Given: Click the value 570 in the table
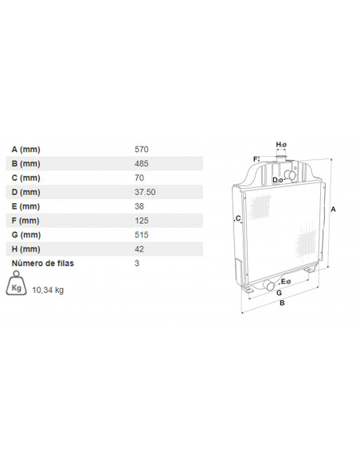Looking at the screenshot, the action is [x=142, y=149].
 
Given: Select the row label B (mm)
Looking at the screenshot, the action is [x=25, y=164].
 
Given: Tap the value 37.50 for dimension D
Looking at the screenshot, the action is [x=145, y=192].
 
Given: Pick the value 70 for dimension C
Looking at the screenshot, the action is [x=139, y=178].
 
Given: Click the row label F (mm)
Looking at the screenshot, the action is [x=25, y=221].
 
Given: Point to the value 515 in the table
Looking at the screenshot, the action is [x=142, y=235].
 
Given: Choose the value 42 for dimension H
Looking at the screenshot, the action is [x=139, y=249].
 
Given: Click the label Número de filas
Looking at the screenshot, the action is [x=43, y=263].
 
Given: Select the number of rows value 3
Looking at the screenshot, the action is [x=137, y=264].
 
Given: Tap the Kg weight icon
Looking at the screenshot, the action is [x=16, y=283].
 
